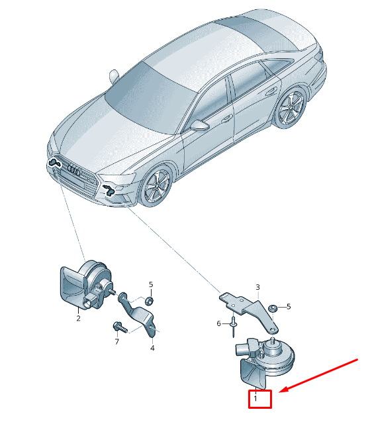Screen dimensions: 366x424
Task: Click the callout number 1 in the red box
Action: (255, 398)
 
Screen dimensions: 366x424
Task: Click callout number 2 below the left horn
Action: (79, 318)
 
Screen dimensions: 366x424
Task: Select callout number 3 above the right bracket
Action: (257, 287)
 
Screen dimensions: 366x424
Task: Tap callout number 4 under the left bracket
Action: (152, 348)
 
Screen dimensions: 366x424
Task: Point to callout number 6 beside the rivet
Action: (219, 323)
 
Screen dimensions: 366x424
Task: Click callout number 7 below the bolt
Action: (117, 342)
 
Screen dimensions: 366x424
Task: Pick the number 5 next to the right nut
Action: (289, 307)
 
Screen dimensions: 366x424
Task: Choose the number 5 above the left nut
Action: (151, 284)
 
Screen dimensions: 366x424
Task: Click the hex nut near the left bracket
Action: (149, 300)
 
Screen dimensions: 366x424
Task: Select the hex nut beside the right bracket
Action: (272, 308)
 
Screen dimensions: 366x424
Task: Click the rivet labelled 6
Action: (233, 327)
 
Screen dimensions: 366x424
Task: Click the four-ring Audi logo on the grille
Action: (74, 170)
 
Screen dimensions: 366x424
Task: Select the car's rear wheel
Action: (291, 108)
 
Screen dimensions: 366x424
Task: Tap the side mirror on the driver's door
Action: (200, 125)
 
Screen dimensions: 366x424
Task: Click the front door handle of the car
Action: (227, 118)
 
